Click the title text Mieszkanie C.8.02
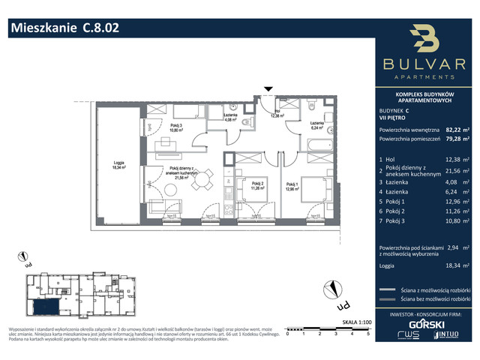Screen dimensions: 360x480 63,28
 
